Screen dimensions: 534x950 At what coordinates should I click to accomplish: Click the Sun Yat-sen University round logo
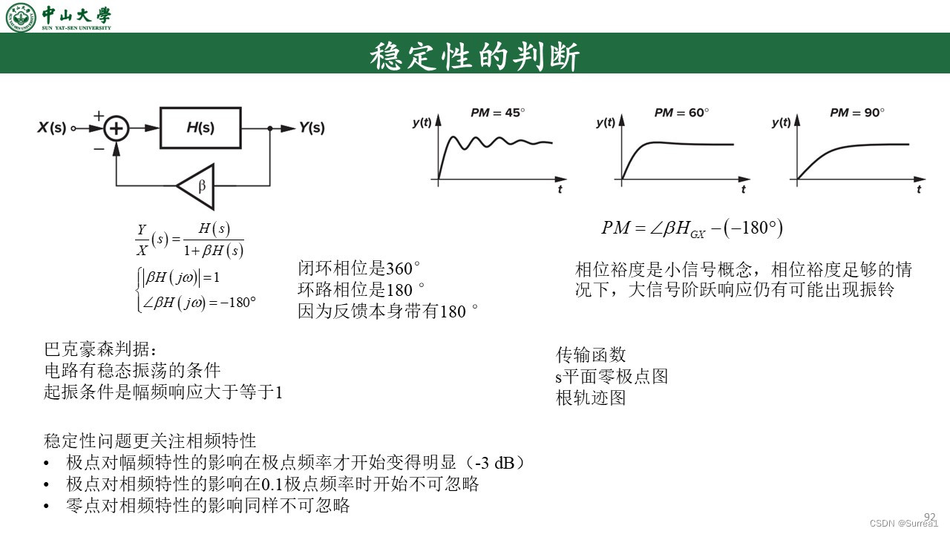(x=21, y=17)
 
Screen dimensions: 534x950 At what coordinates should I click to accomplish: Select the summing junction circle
(x=116, y=128)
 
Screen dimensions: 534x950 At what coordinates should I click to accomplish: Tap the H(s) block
(x=200, y=128)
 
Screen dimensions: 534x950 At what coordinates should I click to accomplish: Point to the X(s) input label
(x=52, y=128)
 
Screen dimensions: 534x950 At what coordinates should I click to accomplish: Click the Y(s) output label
(x=312, y=128)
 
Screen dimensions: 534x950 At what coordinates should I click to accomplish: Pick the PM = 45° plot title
(x=497, y=113)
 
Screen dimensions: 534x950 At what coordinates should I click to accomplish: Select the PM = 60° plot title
(x=681, y=113)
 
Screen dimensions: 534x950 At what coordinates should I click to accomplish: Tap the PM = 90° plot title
(x=857, y=113)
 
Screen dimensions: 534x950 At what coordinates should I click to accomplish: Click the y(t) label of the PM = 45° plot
(x=422, y=123)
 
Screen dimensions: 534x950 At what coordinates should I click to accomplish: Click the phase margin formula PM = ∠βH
(x=692, y=228)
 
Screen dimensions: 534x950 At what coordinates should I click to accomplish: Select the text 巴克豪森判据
(x=101, y=349)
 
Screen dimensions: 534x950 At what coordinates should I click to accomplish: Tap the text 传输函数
(x=591, y=355)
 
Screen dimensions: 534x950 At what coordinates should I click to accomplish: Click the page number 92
(x=930, y=516)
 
